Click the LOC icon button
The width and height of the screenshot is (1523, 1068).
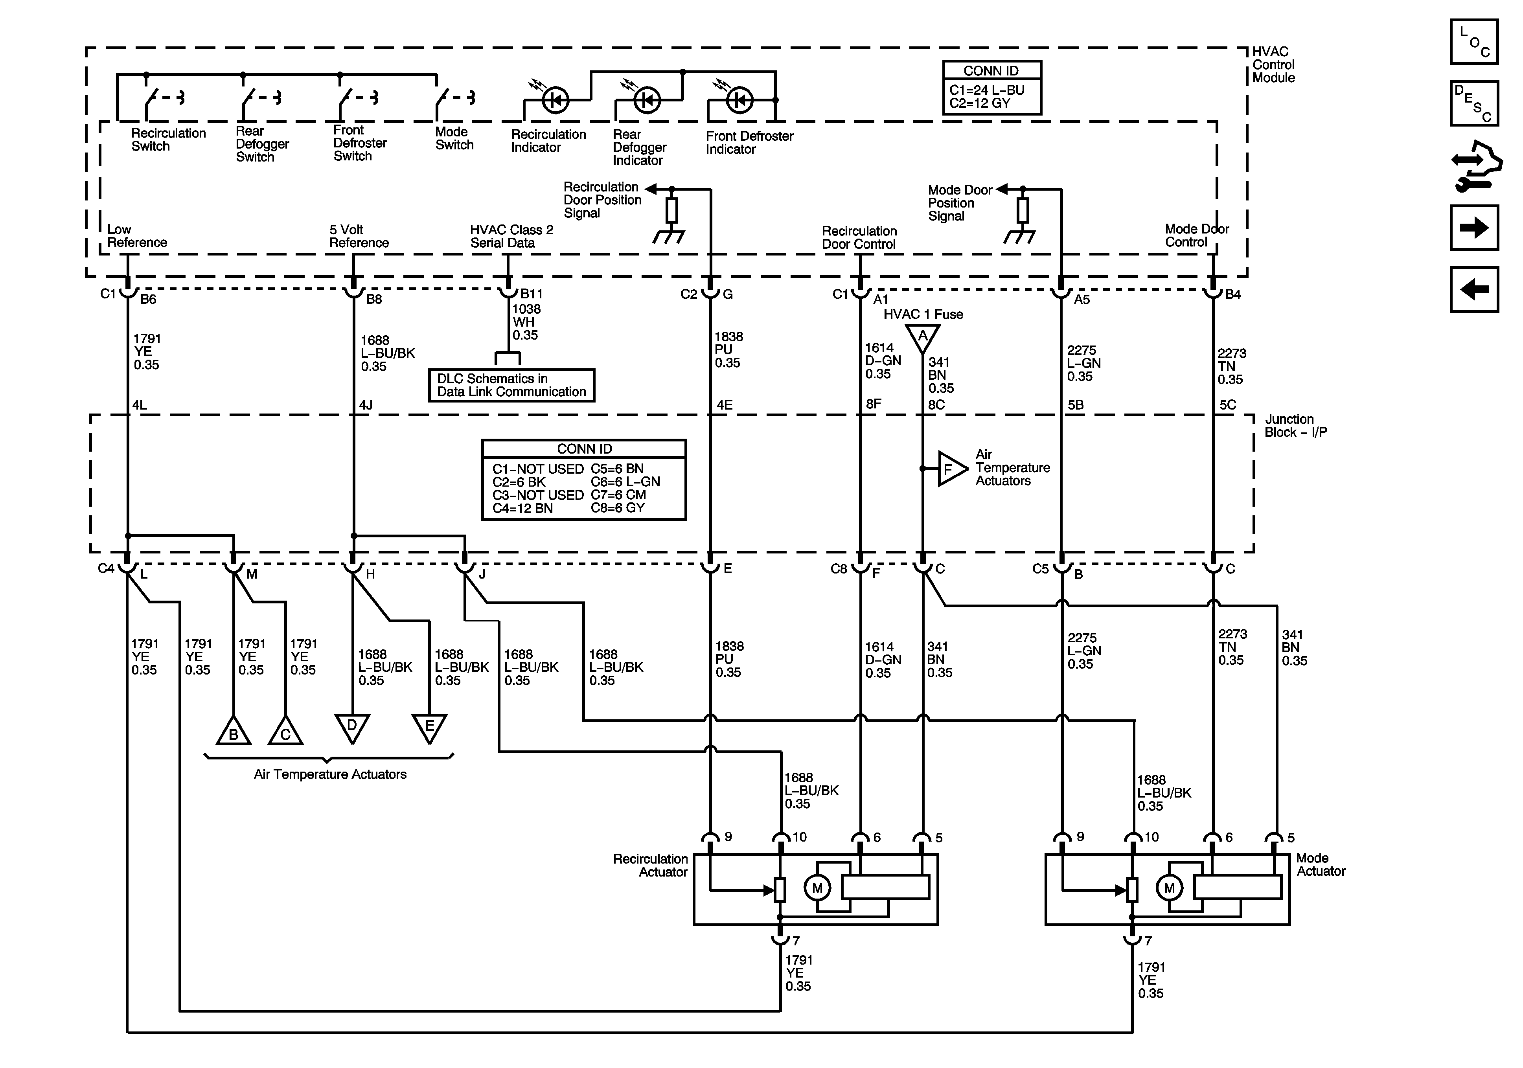pyautogui.click(x=1474, y=42)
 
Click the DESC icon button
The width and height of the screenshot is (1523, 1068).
pyautogui.click(x=1474, y=103)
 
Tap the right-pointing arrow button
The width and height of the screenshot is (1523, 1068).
pyautogui.click(x=1474, y=228)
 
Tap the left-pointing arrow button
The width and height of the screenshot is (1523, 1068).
pyautogui.click(x=1474, y=289)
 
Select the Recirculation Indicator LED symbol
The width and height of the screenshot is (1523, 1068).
pyautogui.click(x=555, y=100)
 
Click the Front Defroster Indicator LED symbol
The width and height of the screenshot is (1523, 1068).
pyautogui.click(x=739, y=100)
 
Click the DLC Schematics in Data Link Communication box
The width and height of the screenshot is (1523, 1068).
pyautogui.click(x=511, y=385)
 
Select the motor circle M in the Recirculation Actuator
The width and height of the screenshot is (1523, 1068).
pyautogui.click(x=817, y=888)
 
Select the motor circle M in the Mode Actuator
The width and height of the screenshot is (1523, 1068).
pyautogui.click(x=1169, y=888)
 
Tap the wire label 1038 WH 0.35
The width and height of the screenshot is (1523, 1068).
pyautogui.click(x=526, y=322)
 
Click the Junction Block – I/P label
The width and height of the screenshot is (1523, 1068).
pyautogui.click(x=1295, y=426)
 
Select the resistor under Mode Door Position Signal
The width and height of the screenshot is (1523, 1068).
pyautogui.click(x=1023, y=210)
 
